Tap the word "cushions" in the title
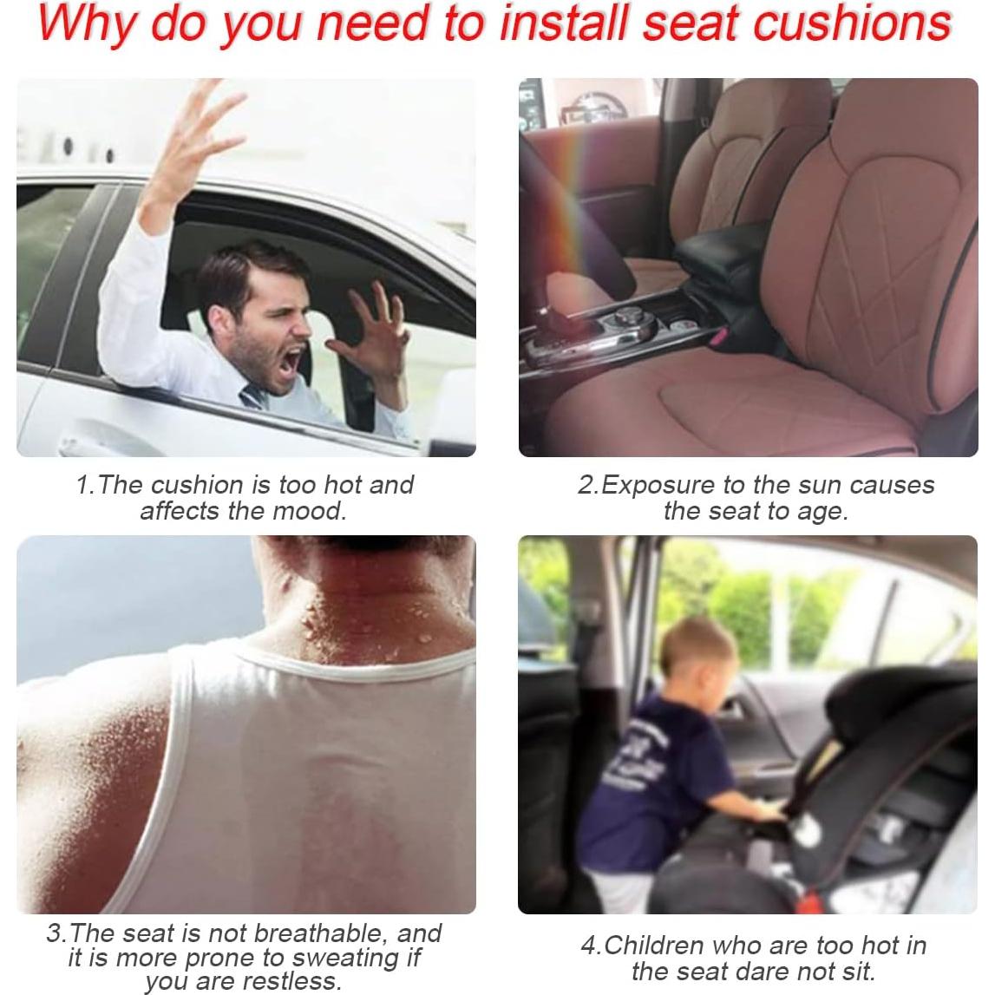point(851,23)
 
